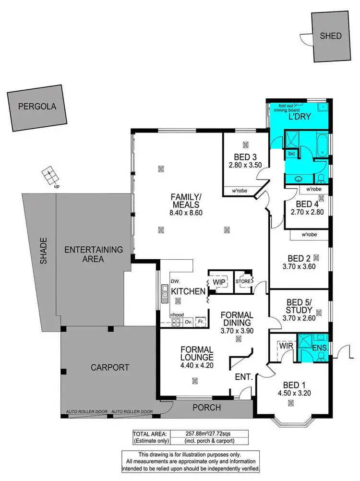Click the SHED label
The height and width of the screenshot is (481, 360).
point(331,36)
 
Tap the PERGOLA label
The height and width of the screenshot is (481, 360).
point(37,107)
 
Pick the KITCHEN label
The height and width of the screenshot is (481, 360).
point(189,291)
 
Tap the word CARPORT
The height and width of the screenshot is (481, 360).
point(110,368)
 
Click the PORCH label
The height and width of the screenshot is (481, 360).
point(206,408)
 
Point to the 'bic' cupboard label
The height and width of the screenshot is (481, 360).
point(291,154)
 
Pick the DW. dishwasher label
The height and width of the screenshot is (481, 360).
point(175,281)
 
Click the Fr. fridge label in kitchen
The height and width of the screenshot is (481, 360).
point(201,322)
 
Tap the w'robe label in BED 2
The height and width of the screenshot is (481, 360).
point(311,235)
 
